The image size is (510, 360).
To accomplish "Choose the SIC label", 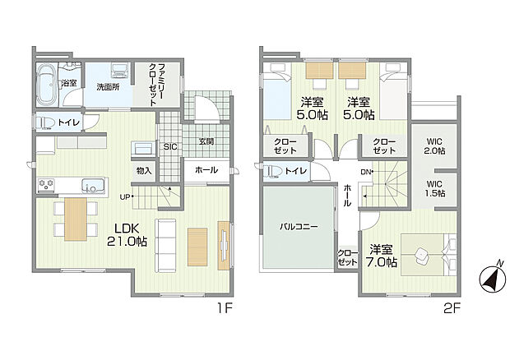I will click(x=171, y=146).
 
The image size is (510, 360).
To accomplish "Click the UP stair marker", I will click(x=124, y=196).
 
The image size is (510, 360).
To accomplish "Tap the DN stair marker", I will click(x=366, y=171).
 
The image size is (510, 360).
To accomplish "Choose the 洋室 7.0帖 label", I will click(x=383, y=256).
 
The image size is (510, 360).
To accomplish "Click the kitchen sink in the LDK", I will click(x=93, y=184).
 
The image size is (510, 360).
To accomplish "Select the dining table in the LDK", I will click(x=75, y=219).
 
